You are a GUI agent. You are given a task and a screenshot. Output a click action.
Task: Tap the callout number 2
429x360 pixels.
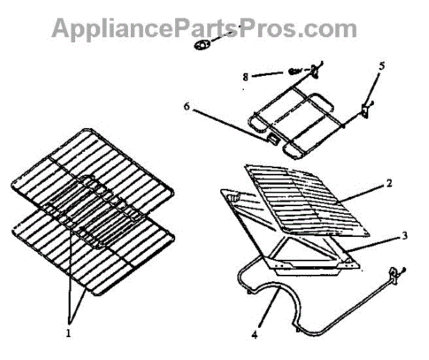pos(389,184)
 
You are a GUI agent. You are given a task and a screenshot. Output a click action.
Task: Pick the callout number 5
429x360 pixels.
pos(381,66)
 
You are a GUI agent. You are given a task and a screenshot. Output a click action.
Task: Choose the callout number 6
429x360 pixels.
pos(187,106)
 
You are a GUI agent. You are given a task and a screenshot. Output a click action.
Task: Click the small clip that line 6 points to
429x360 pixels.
pos(272,138)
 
